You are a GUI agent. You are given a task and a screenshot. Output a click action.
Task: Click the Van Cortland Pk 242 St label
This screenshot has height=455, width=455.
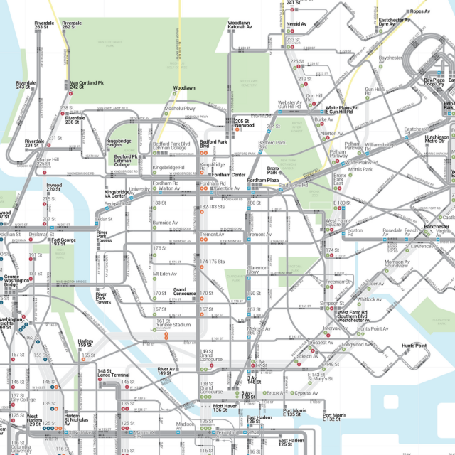click(87, 85)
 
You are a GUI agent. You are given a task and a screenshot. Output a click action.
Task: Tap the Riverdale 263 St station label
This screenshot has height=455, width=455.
click(44, 26)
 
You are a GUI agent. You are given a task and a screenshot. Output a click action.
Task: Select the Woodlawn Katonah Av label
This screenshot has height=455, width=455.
click(239, 26)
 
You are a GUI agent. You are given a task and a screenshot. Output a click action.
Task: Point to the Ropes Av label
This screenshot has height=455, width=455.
click(419, 12)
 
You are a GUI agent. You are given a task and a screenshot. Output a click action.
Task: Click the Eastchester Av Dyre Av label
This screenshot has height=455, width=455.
click(395, 22)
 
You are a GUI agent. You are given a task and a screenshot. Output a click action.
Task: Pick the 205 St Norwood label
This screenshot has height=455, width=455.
click(244, 124)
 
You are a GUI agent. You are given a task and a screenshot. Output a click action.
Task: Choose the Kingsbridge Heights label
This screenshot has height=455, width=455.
click(119, 144)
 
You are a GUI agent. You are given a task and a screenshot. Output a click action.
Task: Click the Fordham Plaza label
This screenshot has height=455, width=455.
click(262, 181)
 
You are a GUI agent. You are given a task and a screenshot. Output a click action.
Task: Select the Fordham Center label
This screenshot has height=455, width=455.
click(228, 175)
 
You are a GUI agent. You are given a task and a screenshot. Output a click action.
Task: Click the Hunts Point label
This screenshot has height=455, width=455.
click(414, 346)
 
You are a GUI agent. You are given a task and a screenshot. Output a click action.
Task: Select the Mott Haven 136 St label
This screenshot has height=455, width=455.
click(225, 408)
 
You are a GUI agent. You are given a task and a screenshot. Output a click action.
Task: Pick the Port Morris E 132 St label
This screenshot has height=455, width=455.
click(335, 417)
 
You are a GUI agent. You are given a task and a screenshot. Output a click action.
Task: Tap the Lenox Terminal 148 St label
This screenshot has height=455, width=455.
click(113, 373)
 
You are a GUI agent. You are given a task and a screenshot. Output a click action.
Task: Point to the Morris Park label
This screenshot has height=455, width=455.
click(360, 170)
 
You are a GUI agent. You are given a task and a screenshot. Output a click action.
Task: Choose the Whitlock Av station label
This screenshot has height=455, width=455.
click(370, 299)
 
